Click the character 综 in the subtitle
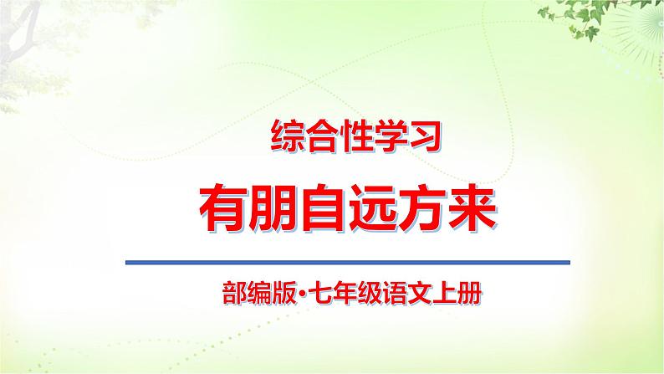click(287, 137)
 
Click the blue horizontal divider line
click(347, 263)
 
